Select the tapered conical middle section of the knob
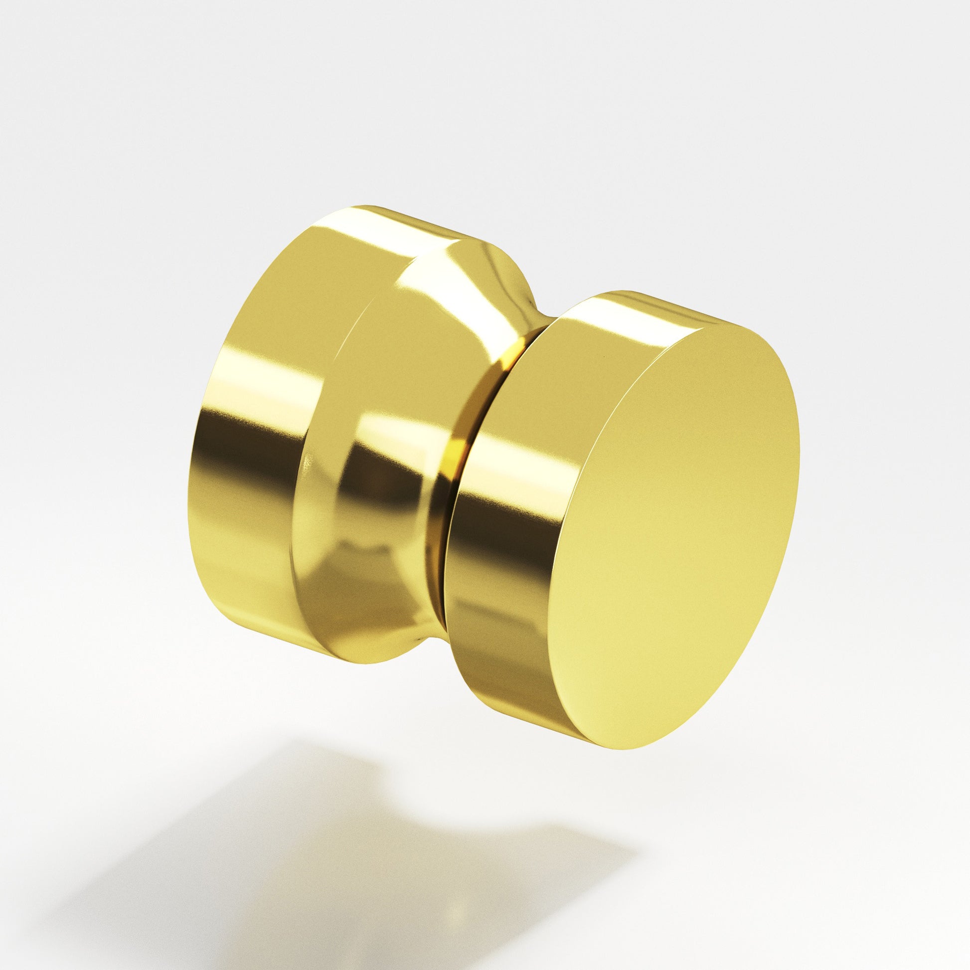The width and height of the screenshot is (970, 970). pyautogui.click(x=382, y=452)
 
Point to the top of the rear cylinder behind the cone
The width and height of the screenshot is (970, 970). pyautogui.click(x=477, y=246)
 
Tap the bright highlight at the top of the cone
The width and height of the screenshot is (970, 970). pyautogui.click(x=437, y=281)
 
